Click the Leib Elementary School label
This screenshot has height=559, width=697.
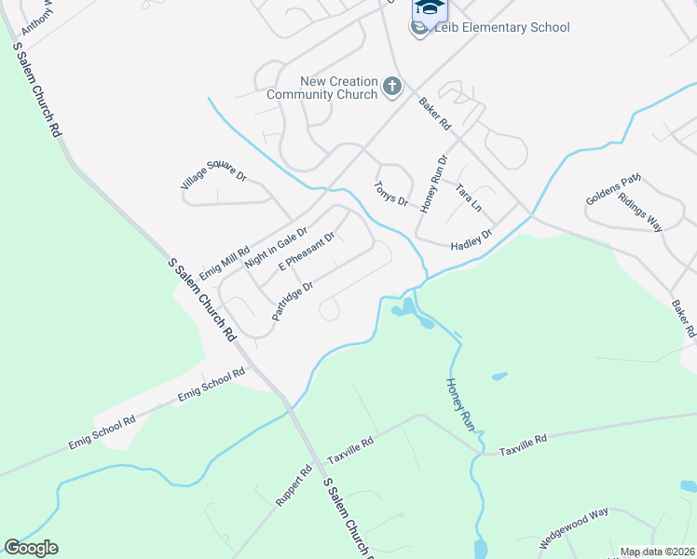click(x=501, y=27)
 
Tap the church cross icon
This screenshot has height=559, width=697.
click(x=392, y=89)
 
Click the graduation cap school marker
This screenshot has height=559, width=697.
click(x=429, y=8)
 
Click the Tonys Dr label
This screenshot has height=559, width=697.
click(x=391, y=194)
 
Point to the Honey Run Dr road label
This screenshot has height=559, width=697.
click(x=434, y=183)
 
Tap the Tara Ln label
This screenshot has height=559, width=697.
click(x=468, y=196)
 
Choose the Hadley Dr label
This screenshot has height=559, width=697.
click(x=471, y=239)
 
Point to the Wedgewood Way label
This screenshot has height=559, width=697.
click(x=574, y=527)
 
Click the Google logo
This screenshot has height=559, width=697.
click(x=31, y=548)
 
